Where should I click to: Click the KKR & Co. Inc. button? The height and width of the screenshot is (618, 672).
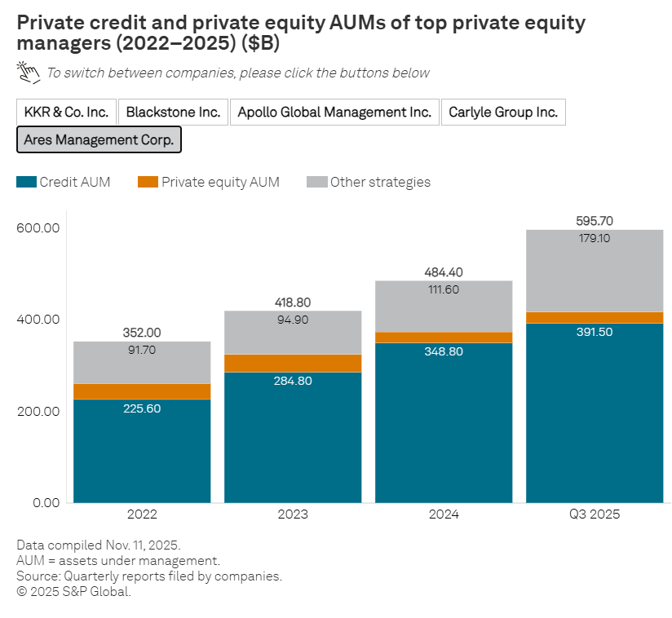pos(66,113)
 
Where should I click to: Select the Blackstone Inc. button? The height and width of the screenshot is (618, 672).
pos(173,113)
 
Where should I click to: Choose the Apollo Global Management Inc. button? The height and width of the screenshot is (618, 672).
pos(334,113)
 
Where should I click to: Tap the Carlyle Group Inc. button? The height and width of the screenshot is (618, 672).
pos(503,113)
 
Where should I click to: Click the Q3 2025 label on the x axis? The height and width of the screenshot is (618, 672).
pos(595,514)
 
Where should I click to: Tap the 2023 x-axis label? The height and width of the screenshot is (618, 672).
pos(293,514)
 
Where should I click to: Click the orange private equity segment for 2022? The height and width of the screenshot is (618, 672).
pos(142,391)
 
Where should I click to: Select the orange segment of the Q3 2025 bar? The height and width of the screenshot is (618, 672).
pos(595,318)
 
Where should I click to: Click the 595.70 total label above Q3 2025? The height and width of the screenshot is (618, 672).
pos(595,220)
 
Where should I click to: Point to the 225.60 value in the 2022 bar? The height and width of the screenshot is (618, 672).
pos(142,408)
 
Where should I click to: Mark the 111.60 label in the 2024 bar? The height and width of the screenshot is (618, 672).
pos(444,289)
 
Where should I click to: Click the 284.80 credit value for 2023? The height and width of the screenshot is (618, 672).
pos(293,381)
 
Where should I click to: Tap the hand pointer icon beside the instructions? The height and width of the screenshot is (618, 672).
pos(29,73)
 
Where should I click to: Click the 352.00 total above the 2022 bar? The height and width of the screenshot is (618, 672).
pos(142,332)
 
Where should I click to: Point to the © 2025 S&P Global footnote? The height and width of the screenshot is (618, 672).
pos(73,591)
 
